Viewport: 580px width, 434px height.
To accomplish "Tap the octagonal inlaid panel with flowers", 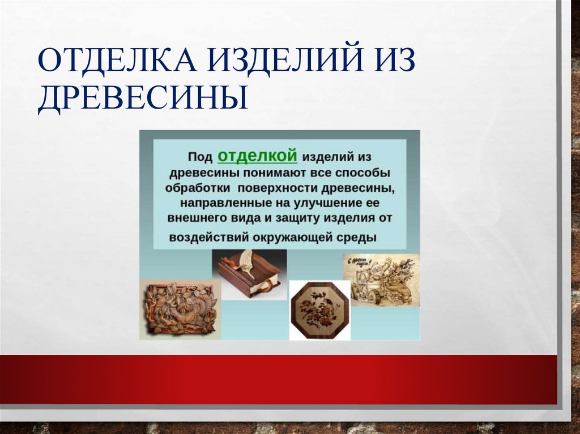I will coord(319,310).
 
